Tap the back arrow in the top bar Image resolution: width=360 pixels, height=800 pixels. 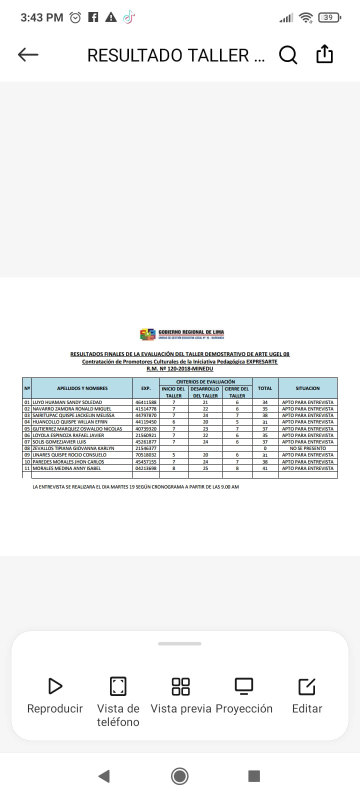pos(28,54)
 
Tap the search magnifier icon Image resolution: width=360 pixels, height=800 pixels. pos(288,54)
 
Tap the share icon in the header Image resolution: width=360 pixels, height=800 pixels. pos(324,54)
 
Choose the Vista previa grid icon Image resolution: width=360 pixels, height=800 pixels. pos(180,686)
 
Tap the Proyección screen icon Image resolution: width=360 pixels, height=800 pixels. pos(244,686)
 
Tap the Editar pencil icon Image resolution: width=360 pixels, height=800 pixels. pos(307,686)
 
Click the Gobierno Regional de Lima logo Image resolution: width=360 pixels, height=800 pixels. pos(148,334)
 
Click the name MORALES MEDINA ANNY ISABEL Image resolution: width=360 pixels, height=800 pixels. pos(67,468)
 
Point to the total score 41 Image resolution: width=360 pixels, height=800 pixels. pos(265,468)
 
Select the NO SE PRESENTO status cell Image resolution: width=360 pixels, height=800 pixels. pos(307,448)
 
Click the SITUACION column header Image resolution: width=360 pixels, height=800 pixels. pos(307,388)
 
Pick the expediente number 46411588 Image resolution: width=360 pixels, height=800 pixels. pos(146,402)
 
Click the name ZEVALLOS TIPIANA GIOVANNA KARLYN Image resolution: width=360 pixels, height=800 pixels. pos(73,448)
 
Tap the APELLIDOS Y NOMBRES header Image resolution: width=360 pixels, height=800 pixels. pos(82,388)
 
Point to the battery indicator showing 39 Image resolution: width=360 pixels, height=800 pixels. pos(328,17)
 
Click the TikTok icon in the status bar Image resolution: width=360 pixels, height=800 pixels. pos(129,17)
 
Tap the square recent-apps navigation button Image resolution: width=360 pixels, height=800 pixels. pos(254,776)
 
